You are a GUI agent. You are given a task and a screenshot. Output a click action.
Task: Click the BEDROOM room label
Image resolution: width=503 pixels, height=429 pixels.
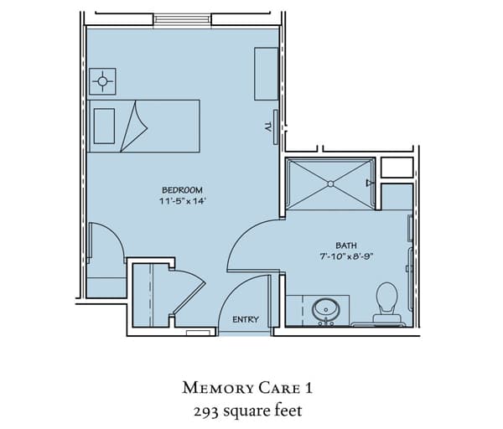point(182,190)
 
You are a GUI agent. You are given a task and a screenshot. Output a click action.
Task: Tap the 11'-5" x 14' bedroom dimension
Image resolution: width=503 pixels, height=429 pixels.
point(182,201)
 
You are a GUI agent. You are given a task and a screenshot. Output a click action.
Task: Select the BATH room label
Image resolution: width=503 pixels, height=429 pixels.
point(345,246)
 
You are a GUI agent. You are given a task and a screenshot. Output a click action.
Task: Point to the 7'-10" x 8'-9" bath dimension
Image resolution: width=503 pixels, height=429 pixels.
point(346,256)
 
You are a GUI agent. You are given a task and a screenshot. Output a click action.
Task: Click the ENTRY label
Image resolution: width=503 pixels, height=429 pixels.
point(246,319)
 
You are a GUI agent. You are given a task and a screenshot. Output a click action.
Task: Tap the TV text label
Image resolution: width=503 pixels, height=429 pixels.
point(267,127)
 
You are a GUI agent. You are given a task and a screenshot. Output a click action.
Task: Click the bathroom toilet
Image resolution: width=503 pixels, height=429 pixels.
point(386,302)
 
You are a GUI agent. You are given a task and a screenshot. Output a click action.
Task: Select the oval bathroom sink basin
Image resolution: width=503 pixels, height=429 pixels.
point(326,309)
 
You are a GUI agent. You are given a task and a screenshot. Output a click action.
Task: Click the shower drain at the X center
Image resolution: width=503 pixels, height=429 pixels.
point(330,183)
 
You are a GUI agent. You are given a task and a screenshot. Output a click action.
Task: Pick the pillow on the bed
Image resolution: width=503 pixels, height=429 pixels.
point(104,126)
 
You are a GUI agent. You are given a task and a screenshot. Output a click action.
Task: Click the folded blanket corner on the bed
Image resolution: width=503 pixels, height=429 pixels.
point(134,127)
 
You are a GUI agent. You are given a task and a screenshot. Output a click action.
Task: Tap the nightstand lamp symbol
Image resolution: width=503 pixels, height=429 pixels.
point(102,81)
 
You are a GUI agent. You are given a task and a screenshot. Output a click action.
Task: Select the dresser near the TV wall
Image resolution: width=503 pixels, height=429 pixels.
point(266,74)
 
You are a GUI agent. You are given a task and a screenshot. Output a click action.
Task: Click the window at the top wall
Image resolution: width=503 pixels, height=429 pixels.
point(182,19)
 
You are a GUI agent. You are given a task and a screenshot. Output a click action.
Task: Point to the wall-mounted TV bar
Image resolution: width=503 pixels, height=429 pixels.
point(275,127)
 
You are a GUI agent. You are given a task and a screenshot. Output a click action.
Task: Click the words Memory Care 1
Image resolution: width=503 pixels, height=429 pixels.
point(247,388)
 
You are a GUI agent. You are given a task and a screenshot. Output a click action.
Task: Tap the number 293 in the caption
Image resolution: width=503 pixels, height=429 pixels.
point(206,411)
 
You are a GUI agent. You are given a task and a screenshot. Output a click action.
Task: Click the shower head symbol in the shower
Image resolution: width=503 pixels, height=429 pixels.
point(370,183)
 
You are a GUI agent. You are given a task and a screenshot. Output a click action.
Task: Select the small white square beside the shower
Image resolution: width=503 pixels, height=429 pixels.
point(397,168)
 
